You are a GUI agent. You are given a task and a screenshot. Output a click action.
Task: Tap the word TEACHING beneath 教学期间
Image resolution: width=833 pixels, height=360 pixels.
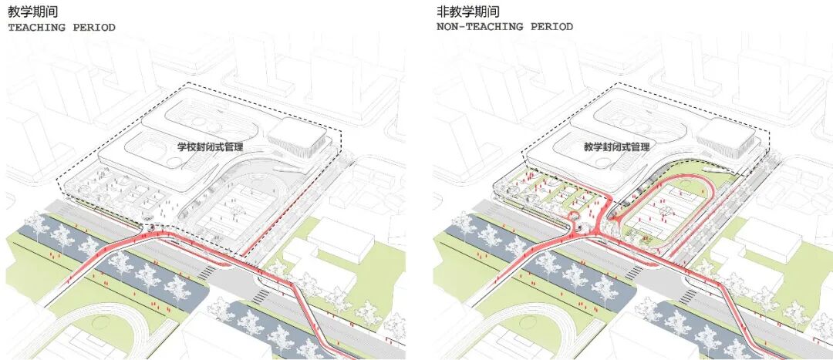pos(35,28)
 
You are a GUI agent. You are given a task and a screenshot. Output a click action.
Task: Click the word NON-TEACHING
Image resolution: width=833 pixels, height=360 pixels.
pos(474,27)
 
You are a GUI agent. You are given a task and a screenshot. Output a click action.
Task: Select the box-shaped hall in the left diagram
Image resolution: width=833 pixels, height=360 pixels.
pos(296,136)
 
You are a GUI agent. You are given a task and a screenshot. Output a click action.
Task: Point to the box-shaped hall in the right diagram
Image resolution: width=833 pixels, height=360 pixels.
pos(725,136)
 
